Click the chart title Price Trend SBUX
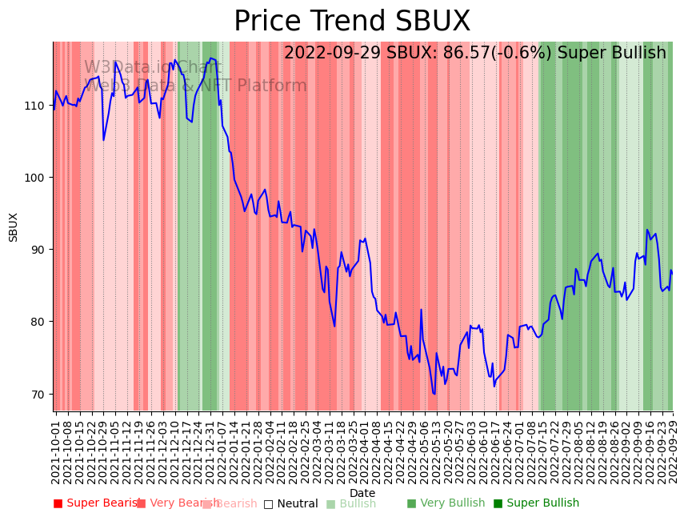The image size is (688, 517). click(352, 22)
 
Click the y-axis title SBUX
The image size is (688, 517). click(14, 226)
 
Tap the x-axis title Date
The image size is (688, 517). click(362, 493)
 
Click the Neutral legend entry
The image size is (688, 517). click(291, 503)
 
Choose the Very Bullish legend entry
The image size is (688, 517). click(446, 503)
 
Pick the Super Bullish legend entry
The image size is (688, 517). click(536, 503)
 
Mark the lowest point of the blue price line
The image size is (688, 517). click(434, 394)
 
